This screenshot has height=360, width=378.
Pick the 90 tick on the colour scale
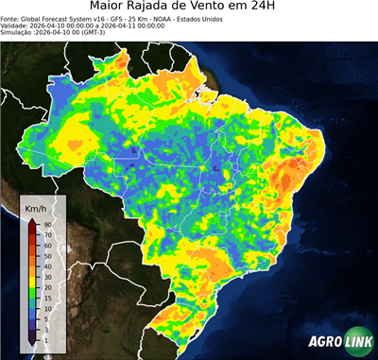point(46,224)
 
